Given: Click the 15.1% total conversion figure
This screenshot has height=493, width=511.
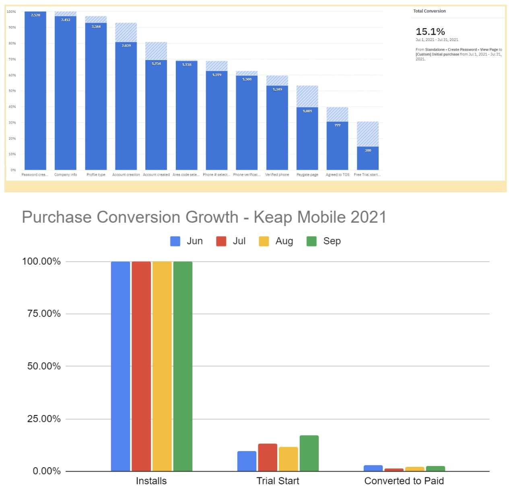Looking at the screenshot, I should coord(430,32).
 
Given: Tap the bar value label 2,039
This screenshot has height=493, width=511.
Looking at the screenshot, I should coord(126,45).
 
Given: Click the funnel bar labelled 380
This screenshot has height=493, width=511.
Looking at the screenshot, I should coord(368,158).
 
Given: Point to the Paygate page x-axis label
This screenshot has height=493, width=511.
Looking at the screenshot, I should coord(307,175).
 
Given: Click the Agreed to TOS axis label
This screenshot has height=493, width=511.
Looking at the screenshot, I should coord(338,175).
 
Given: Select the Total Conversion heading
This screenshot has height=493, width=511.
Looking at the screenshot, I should coord(429,11).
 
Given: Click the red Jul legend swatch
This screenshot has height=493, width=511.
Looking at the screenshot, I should coord(221,241).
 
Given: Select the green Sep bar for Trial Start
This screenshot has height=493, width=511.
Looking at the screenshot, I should coord(309,453).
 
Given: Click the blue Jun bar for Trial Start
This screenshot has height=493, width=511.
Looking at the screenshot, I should coord(247,461).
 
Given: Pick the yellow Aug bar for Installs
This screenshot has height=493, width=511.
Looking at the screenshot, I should coord(162,366).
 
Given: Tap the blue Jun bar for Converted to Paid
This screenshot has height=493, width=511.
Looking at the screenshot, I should coord(373,468).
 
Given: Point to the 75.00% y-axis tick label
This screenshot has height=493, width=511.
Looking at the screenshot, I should coord(44,314).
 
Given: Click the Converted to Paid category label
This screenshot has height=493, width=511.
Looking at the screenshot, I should coord(404,481).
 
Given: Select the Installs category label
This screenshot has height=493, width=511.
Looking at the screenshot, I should coord(151,481).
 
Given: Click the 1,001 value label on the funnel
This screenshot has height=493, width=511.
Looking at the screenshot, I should coord(307,111).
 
